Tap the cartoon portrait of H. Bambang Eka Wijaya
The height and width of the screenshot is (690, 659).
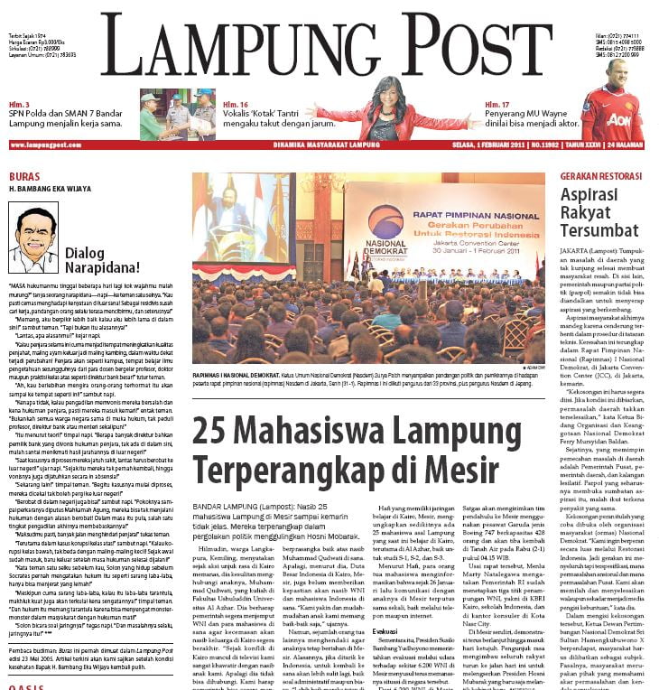(33, 237)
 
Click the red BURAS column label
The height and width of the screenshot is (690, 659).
(23, 175)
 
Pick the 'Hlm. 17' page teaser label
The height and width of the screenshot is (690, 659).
(497, 105)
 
